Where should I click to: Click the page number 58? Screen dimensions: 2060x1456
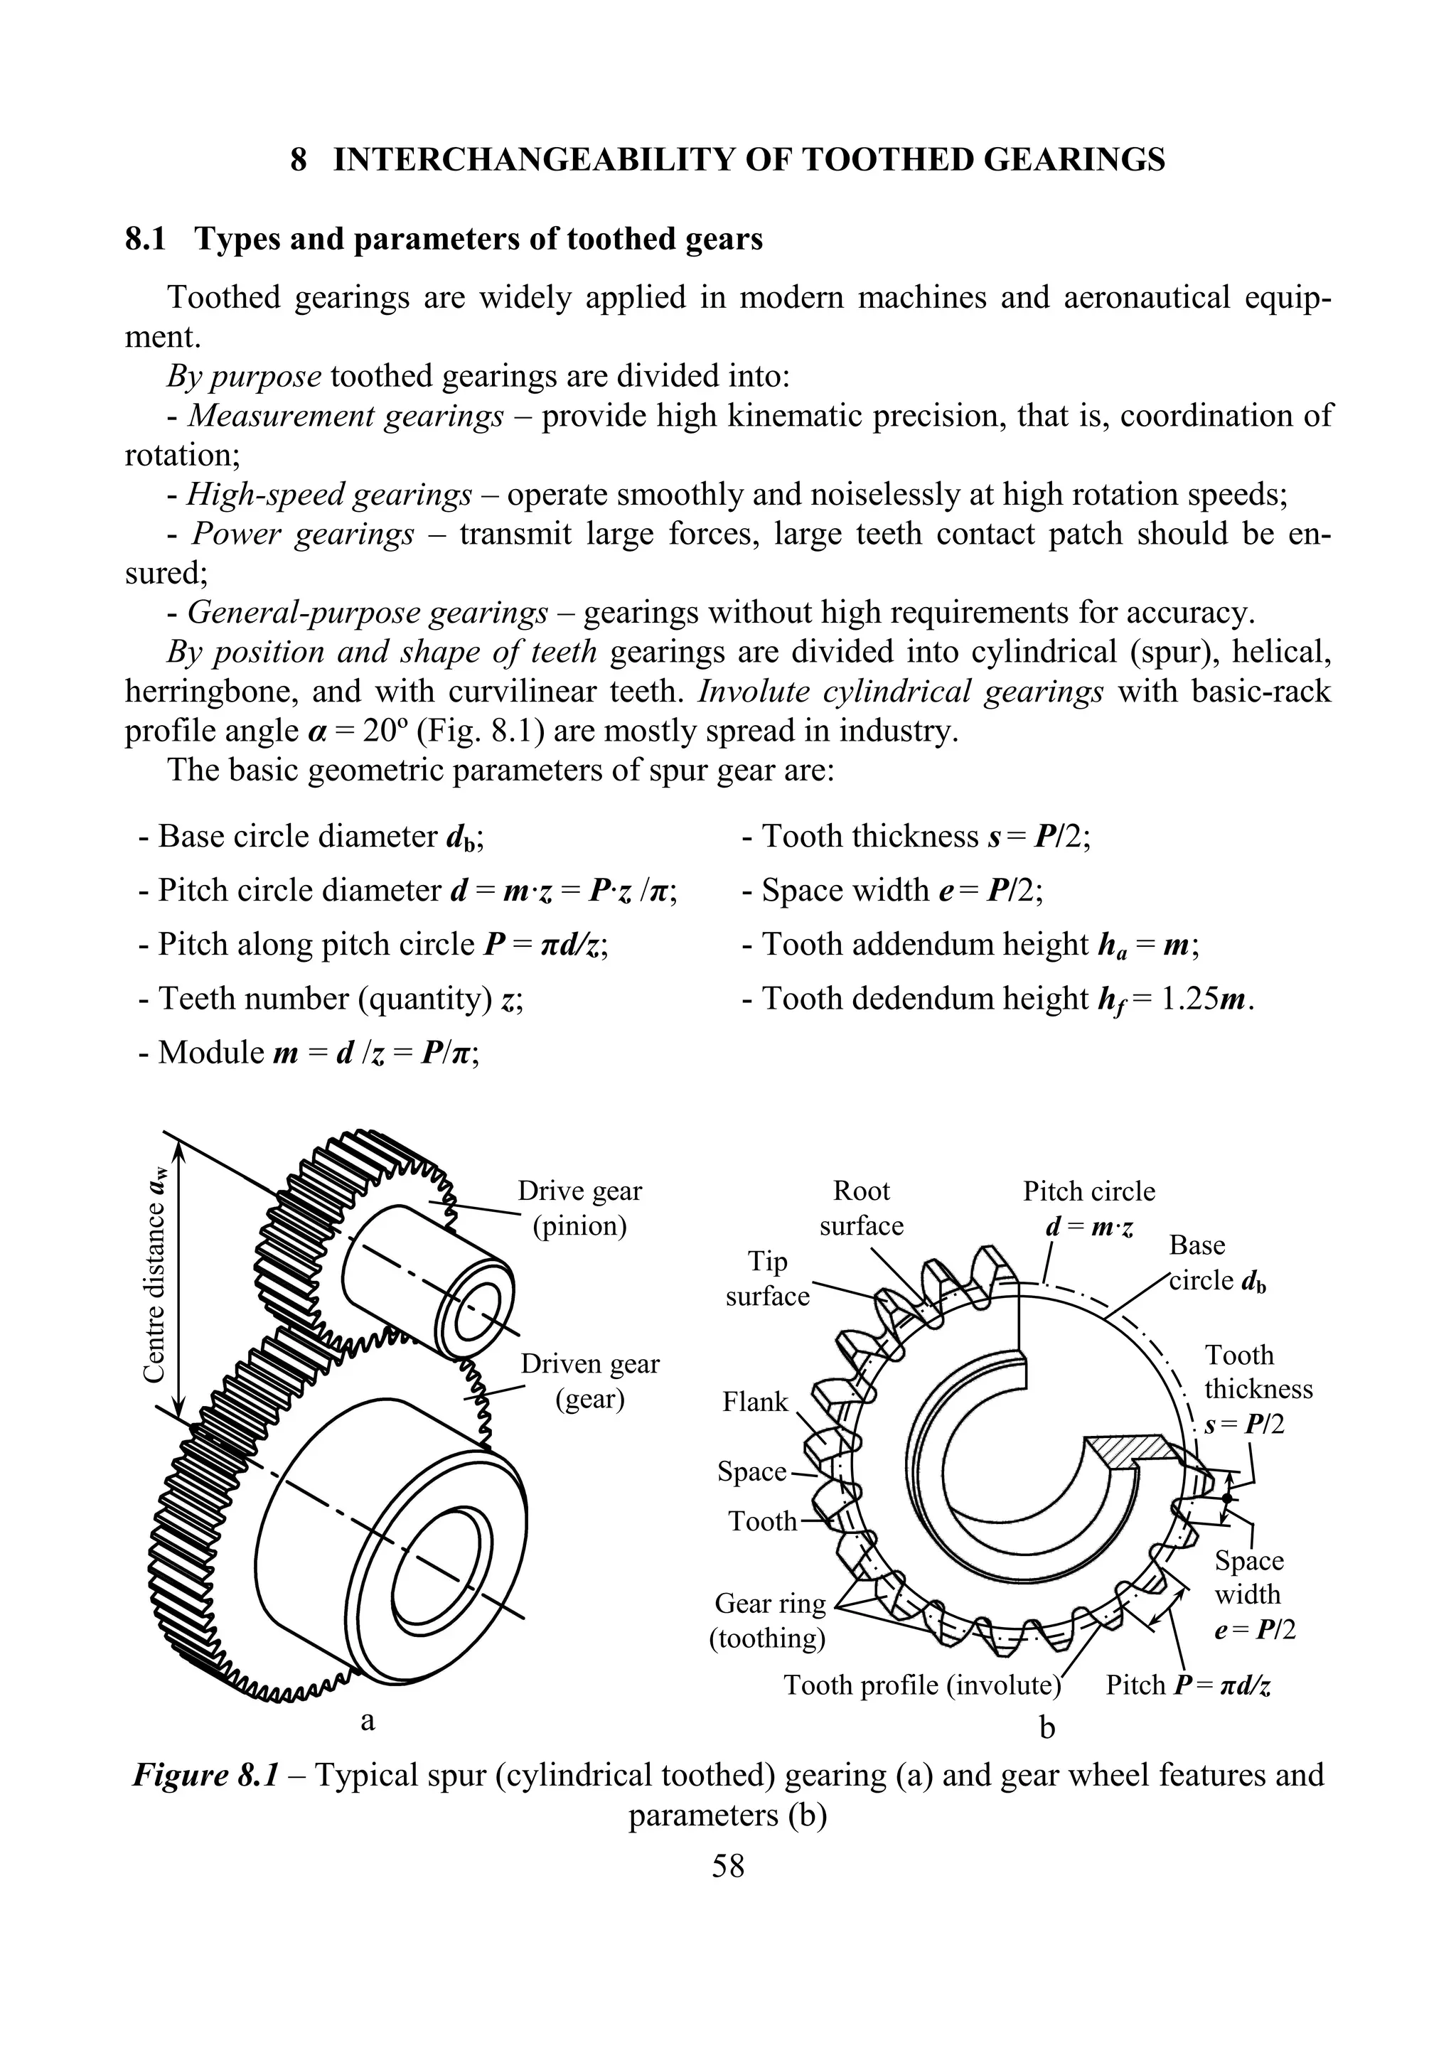pos(727,1866)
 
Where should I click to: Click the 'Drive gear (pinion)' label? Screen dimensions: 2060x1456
pos(579,1208)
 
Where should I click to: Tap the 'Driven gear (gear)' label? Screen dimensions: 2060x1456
pos(589,1381)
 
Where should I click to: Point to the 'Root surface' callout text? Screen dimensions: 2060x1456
pos(861,1208)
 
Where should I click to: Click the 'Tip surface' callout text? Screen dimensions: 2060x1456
pos(767,1279)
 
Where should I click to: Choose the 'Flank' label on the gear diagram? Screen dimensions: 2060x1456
pos(755,1402)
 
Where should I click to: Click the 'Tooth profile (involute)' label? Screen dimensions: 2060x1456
pos(922,1685)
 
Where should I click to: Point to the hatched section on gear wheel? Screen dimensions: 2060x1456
pos(1128,1452)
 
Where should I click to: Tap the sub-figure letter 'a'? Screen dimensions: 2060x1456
pos(366,1720)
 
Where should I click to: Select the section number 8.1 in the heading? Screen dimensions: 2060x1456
pos(145,239)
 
